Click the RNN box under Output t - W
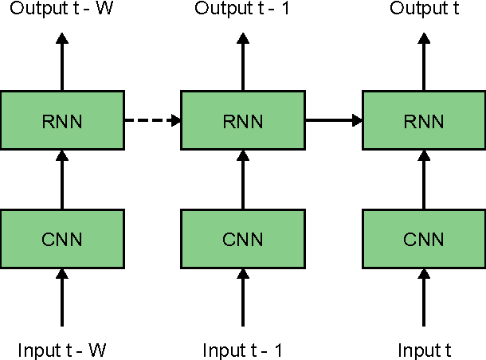pyautogui.click(x=62, y=120)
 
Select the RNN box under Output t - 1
pyautogui.click(x=242, y=120)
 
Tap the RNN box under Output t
pyautogui.click(x=423, y=120)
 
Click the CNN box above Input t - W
pyautogui.click(x=62, y=238)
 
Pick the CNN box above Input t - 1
pyautogui.click(x=242, y=238)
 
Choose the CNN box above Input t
pyautogui.click(x=423, y=238)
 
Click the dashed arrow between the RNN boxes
pyautogui.click(x=152, y=120)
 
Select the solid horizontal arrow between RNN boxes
pyautogui.click(x=333, y=120)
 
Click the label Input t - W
pyautogui.click(x=62, y=350)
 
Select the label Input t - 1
pyautogui.click(x=242, y=350)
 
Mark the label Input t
pyautogui.click(x=423, y=350)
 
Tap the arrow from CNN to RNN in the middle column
pyautogui.click(x=242, y=179)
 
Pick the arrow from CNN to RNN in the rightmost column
pyautogui.click(x=423, y=179)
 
